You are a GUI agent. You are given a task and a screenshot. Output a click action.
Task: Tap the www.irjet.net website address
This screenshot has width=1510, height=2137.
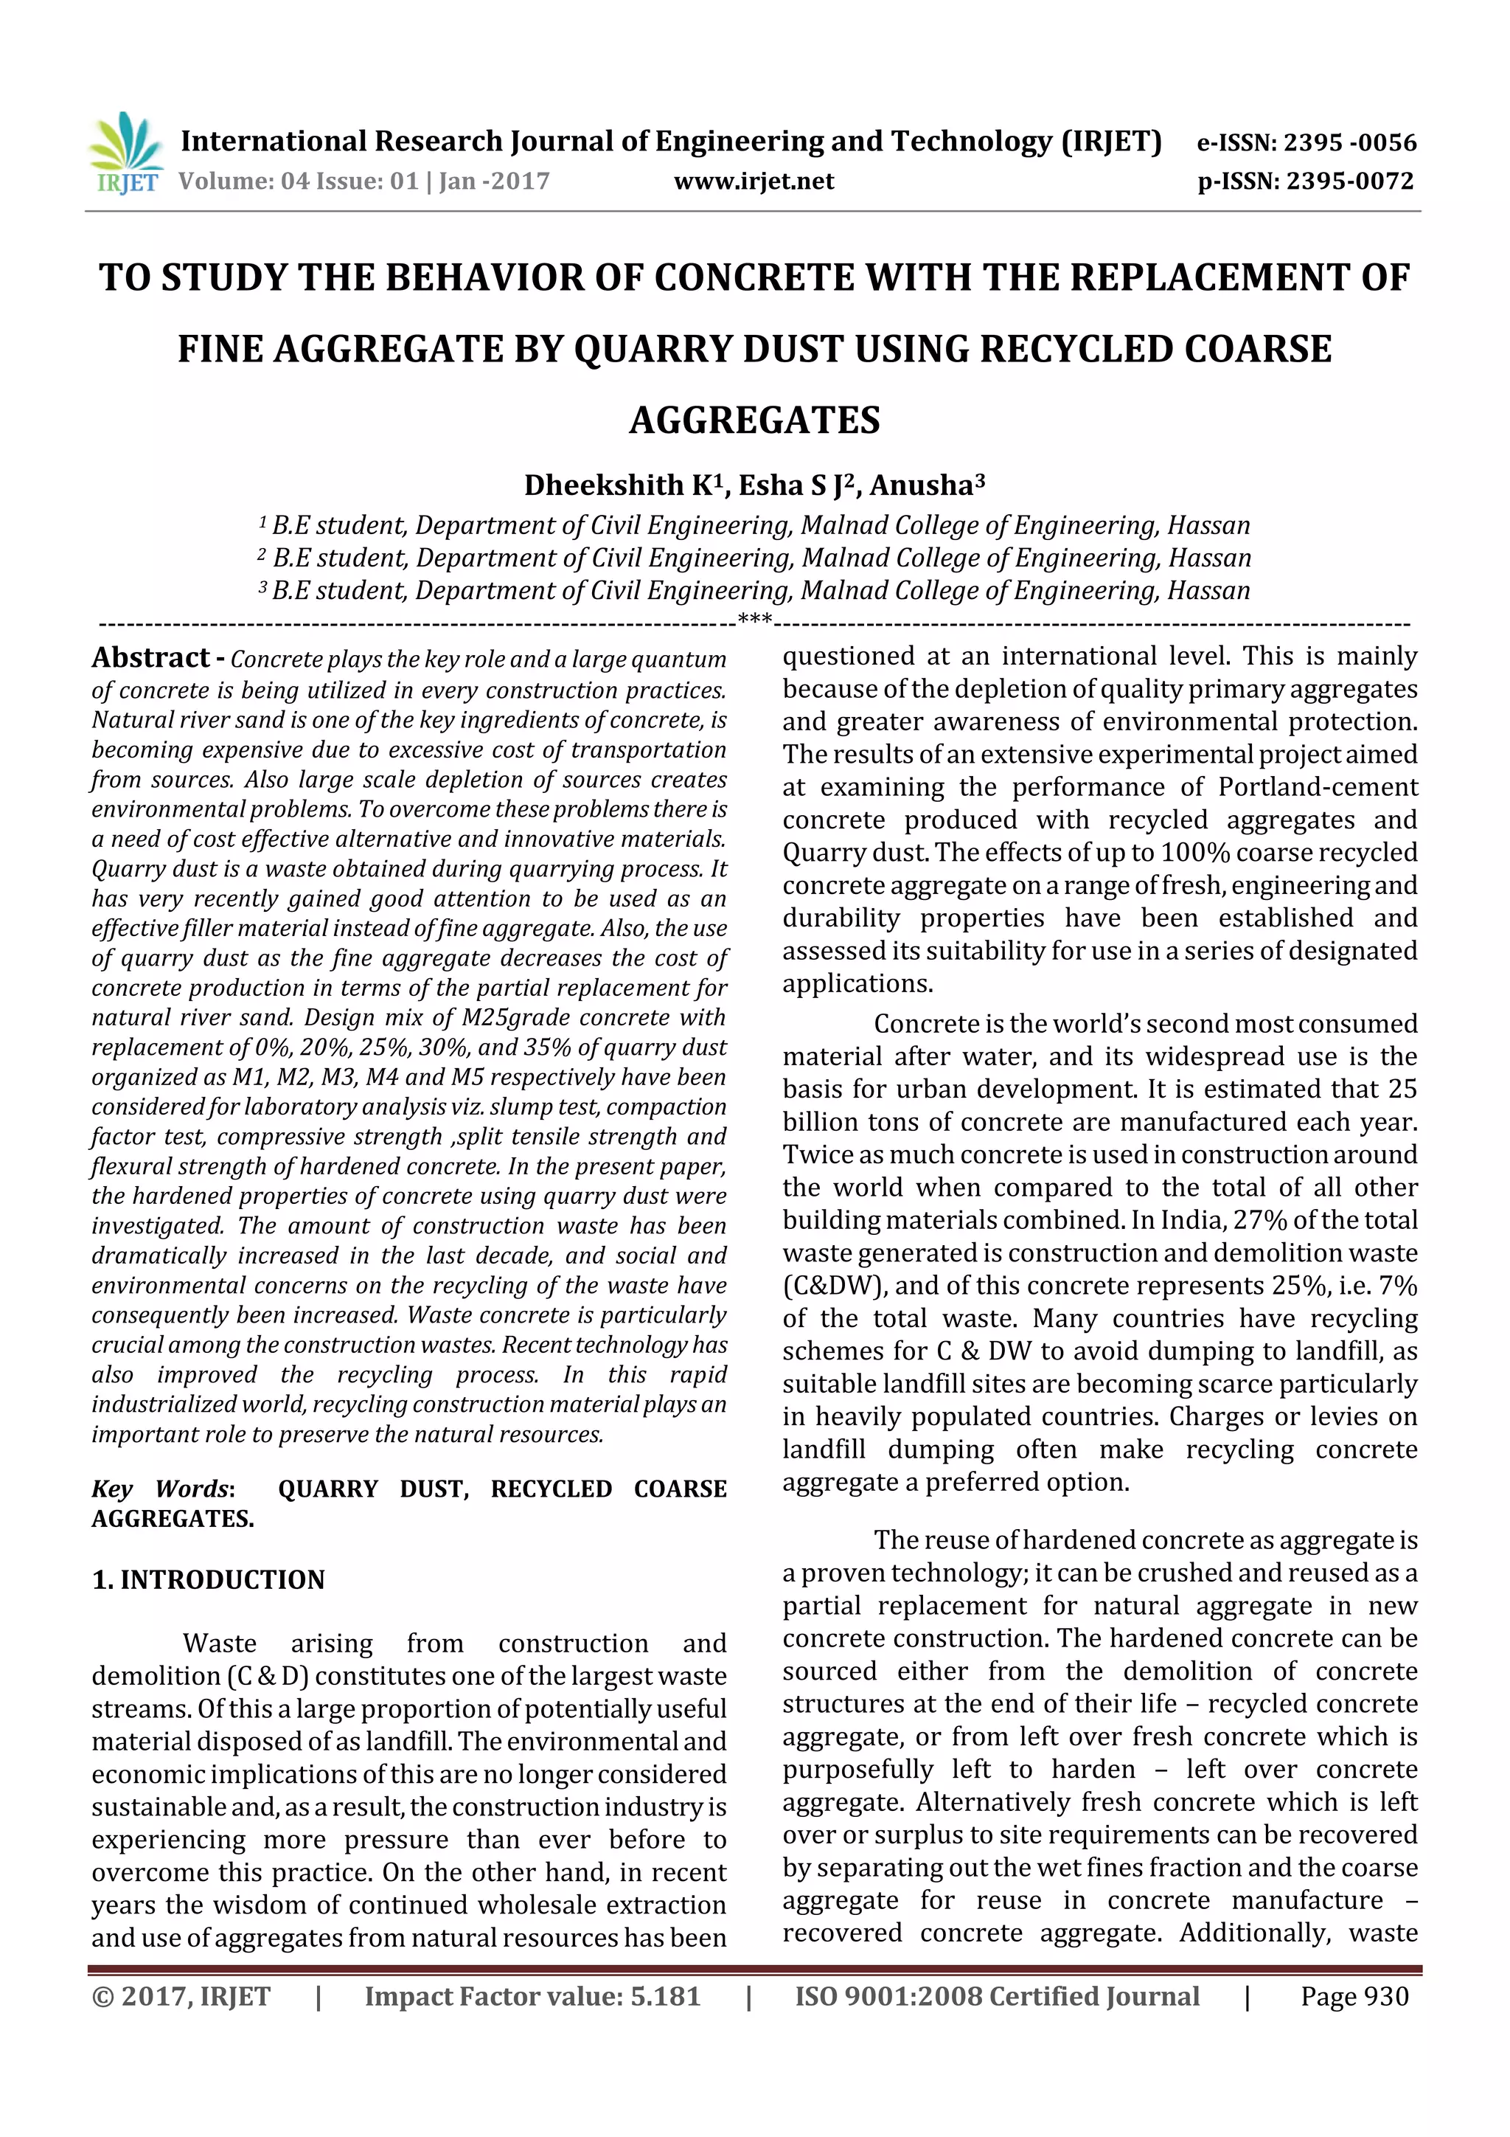click(x=754, y=181)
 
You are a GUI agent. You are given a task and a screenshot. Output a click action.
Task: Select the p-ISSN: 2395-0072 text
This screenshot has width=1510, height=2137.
click(x=1305, y=181)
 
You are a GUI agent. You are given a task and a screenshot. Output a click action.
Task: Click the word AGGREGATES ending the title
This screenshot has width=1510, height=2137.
click(x=754, y=420)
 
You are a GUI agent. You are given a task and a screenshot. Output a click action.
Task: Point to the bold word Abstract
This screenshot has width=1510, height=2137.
click(x=150, y=658)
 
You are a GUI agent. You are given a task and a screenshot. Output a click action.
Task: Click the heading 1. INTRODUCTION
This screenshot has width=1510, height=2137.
click(x=209, y=1579)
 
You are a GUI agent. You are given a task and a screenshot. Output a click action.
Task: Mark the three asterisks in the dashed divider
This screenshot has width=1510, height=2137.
click(x=754, y=620)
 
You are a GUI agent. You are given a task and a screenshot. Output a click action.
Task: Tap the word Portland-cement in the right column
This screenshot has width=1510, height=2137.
click(x=1318, y=787)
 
